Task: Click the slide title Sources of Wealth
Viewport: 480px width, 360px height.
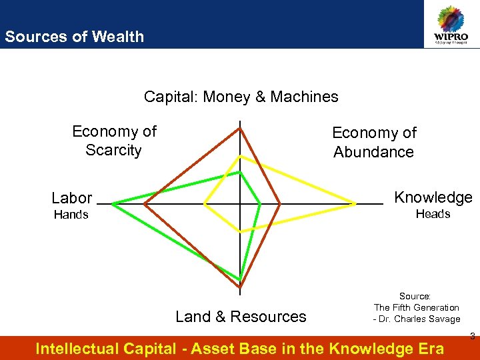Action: coord(74,37)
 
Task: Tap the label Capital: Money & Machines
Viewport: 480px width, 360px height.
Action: coord(241,97)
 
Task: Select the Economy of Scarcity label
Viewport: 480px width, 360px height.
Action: coord(114,141)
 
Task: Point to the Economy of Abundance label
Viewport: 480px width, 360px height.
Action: coord(374,143)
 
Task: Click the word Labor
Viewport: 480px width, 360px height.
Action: coord(71,198)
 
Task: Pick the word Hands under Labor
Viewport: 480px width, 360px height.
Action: coord(71,215)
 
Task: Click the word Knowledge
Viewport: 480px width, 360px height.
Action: coord(433,197)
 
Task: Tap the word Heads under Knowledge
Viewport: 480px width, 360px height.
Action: coord(433,214)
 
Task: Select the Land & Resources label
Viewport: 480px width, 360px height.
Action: coord(241,317)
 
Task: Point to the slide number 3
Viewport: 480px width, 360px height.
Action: coord(472,335)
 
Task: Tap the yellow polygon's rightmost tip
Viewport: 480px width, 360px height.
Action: coord(356,203)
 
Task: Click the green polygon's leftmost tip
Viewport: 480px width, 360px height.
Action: coord(113,203)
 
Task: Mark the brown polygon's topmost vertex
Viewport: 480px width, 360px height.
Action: coord(240,129)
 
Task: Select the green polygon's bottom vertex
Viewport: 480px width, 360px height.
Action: coord(240,279)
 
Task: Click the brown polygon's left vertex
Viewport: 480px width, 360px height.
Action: coord(145,203)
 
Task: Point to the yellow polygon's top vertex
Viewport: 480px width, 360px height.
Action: coord(240,157)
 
